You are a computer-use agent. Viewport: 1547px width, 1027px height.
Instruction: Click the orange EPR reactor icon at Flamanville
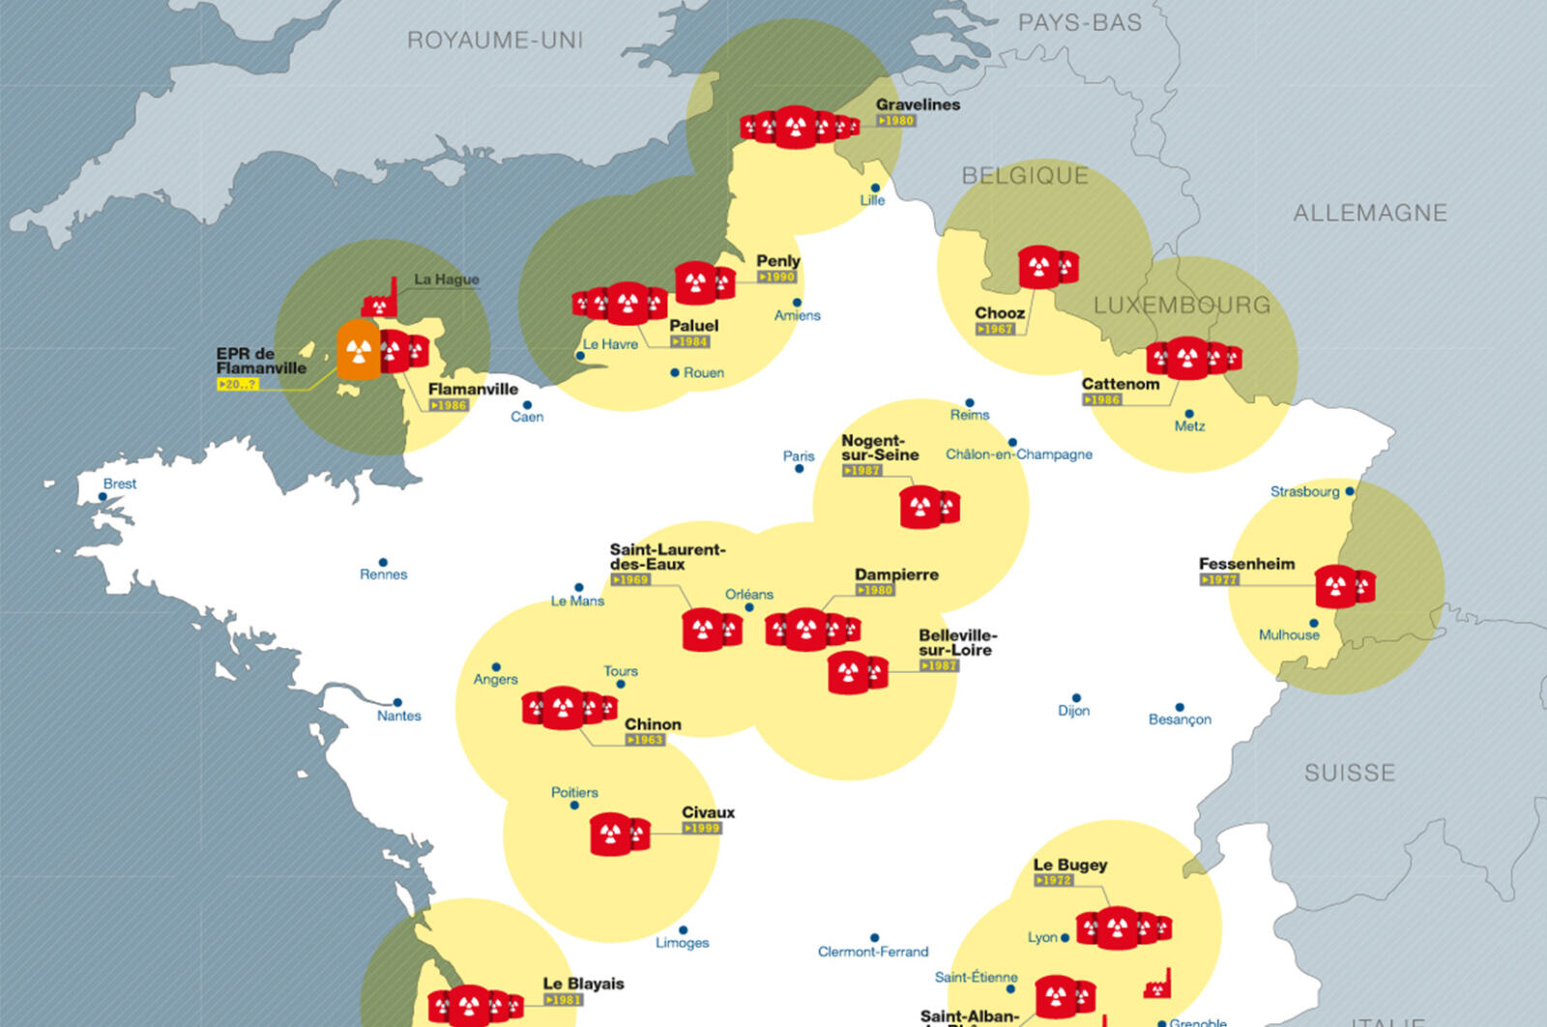point(358,350)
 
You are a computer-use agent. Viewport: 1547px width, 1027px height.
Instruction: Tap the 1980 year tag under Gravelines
point(896,121)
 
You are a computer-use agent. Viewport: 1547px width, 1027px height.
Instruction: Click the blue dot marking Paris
point(799,469)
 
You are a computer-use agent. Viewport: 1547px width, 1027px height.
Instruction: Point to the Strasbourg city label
point(1304,491)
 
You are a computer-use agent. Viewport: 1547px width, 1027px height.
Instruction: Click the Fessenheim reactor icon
point(1344,586)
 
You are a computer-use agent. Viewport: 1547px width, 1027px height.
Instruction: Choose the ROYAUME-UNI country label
point(494,40)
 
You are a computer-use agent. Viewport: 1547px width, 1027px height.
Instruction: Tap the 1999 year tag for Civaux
point(702,828)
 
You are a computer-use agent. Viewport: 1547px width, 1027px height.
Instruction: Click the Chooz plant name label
point(1000,312)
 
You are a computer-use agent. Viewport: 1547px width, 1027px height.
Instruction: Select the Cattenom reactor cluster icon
point(1193,359)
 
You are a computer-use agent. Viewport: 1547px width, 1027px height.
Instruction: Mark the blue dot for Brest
point(103,497)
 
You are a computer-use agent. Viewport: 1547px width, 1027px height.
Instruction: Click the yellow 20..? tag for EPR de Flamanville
point(238,384)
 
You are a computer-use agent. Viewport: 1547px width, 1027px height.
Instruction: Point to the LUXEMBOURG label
point(1182,305)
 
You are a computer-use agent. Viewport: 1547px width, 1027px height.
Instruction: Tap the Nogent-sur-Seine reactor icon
point(928,507)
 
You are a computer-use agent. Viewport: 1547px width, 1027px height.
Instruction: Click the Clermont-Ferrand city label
point(872,952)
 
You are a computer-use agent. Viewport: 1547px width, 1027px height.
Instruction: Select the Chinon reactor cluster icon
point(569,708)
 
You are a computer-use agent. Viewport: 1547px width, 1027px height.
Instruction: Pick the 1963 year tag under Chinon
point(645,740)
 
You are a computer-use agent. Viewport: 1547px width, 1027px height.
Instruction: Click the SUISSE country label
point(1349,773)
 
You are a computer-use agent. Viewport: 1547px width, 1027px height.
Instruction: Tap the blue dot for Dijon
point(1076,697)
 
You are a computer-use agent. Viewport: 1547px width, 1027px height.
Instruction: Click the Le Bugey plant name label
point(1069,865)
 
